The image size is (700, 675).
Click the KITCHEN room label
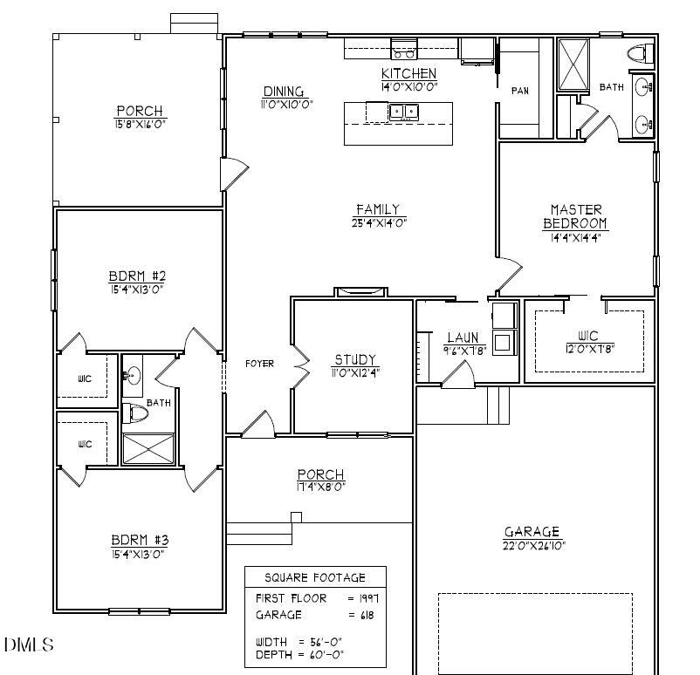tap(408, 73)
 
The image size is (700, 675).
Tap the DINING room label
tap(284, 92)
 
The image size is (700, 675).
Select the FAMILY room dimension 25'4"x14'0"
tap(377, 222)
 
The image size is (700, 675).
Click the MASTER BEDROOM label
tap(576, 216)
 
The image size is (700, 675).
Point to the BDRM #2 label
tap(138, 276)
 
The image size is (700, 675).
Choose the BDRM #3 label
tap(138, 539)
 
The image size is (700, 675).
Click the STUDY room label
tap(355, 359)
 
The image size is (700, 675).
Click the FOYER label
tap(259, 364)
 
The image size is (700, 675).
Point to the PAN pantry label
tap(520, 91)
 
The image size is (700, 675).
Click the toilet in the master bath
tap(640, 54)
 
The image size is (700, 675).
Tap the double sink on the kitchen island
tap(403, 111)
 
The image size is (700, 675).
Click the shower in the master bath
tap(573, 65)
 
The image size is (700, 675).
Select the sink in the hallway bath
tap(133, 377)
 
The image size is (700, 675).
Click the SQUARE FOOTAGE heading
tap(314, 577)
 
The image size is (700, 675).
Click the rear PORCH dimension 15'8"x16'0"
tap(139, 125)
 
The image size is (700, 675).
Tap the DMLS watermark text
tap(28, 645)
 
